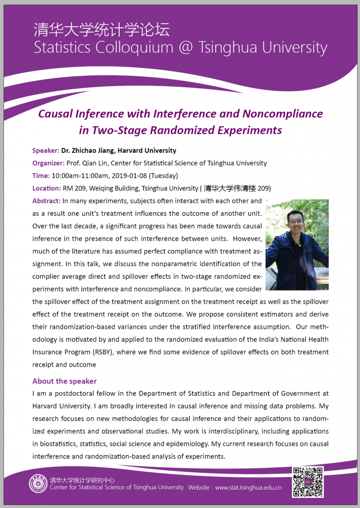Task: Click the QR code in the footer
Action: (308, 482)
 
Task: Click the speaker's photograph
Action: (297, 245)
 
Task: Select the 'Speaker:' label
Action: (46, 150)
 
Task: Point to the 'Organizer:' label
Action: (48, 163)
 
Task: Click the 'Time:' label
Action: (41, 176)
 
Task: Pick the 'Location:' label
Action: (46, 189)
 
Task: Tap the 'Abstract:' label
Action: (47, 201)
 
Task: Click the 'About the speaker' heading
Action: (65, 381)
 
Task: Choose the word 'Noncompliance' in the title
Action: (283, 114)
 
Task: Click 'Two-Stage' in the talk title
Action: (121, 130)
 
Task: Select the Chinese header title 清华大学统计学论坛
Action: (101, 30)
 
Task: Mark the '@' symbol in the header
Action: (189, 48)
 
